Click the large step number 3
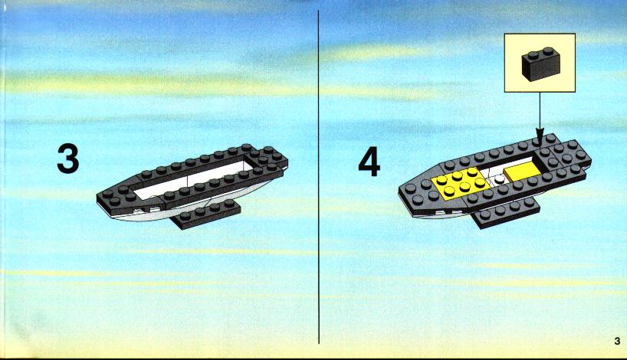[68, 159]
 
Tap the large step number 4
[369, 162]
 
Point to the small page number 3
[617, 341]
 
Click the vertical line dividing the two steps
[319, 177]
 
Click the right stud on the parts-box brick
[548, 51]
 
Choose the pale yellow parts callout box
[540, 63]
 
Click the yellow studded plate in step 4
[460, 182]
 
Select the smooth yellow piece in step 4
[522, 172]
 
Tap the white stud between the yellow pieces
[499, 179]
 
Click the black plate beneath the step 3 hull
[206, 214]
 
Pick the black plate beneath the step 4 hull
[506, 213]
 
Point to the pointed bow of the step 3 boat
[99, 197]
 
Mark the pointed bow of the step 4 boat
[401, 191]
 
